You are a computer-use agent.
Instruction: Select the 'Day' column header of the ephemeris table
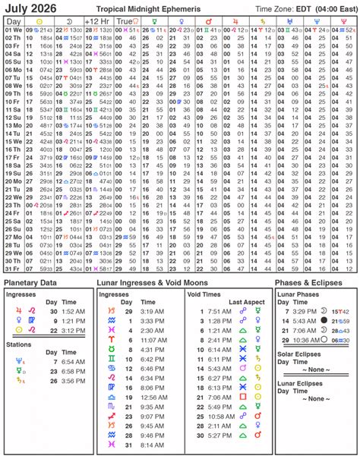[14, 20]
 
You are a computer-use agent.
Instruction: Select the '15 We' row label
[14, 141]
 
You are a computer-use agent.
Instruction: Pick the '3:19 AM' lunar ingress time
[152, 310]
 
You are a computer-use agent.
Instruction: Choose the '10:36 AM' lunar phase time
[305, 341]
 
